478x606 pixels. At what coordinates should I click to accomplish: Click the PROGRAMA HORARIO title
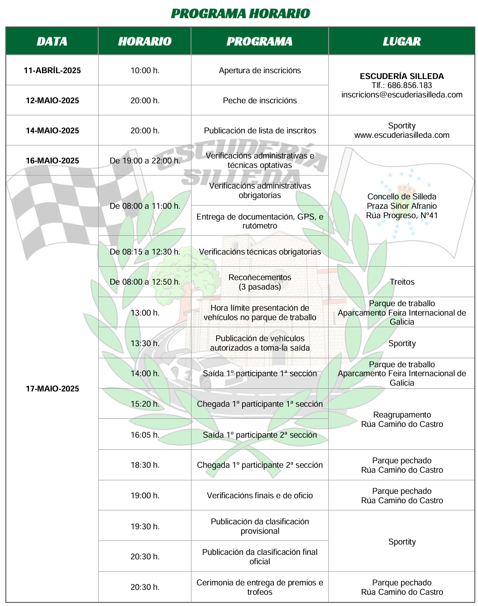pos(240,14)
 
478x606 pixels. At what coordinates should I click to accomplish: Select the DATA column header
pos(52,41)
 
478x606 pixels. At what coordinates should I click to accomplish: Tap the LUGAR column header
pos(402,41)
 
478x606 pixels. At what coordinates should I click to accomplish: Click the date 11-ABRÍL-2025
pos(52,70)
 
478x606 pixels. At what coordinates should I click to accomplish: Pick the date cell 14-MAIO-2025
pos(52,131)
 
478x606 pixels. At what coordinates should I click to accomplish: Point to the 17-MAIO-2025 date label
pos(52,389)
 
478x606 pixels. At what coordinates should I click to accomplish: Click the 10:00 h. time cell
pos(145,70)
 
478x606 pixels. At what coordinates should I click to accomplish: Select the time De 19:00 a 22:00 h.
pos(145,161)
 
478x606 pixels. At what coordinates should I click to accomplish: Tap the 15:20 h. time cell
pos(145,404)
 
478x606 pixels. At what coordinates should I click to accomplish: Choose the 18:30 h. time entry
pos(145,465)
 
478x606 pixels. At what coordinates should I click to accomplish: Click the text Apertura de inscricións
pos(260,70)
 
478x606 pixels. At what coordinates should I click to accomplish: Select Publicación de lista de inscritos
pos(260,131)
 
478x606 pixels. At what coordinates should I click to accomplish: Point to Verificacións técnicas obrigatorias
pos(260,252)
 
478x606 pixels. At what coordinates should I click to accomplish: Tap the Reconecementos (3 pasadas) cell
pos(260,282)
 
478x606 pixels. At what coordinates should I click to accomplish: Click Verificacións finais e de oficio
pos(260,496)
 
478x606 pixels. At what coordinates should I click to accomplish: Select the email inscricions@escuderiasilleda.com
pos(402,95)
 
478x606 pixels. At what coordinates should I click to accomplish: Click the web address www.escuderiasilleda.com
pos(402,135)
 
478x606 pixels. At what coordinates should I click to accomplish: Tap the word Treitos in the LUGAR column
pos(402,282)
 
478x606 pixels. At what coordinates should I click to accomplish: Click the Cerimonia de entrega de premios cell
pos(260,587)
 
